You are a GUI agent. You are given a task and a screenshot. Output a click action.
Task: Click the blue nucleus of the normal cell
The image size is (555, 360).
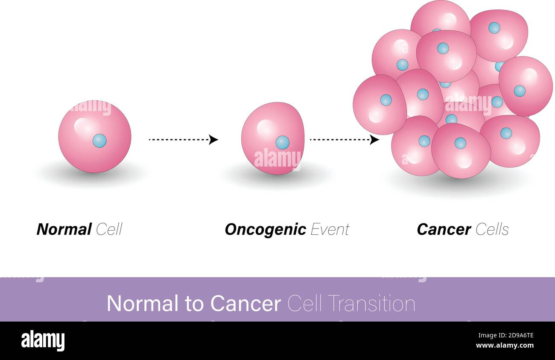pos(99,140)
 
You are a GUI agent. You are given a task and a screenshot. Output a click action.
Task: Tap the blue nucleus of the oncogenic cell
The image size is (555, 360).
pos(282,142)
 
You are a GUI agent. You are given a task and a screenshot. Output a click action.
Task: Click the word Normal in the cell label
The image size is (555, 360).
pos(64,229)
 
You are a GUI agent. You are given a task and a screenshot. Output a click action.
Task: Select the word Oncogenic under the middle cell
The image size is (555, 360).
pos(265,230)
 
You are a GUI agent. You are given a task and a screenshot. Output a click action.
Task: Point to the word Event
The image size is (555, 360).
pos(330,229)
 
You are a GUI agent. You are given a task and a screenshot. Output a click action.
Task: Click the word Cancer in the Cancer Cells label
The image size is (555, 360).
pos(444,229)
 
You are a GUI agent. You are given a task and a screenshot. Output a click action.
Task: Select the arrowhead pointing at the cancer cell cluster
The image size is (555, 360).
pos(374,140)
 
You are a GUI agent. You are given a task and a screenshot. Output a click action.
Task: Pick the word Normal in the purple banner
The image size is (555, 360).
pos(142,304)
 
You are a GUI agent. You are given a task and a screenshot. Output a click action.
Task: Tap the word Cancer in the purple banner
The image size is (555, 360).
pos(245,304)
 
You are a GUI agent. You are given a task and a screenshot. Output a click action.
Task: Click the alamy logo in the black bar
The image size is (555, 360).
pos(43,341)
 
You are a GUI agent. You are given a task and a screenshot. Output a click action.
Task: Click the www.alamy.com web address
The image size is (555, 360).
pos(504,345)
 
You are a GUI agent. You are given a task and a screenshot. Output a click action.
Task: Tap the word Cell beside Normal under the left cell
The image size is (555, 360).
pos(109,229)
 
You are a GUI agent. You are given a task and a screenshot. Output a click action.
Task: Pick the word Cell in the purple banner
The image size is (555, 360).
pos(304,304)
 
